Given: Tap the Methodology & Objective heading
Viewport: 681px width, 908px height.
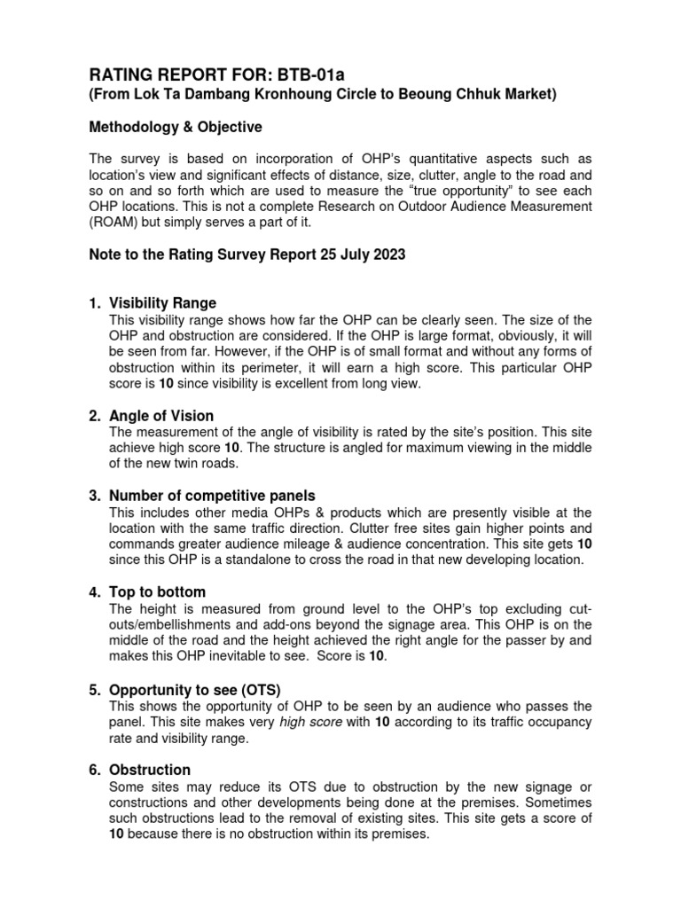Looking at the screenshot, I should point(176,128).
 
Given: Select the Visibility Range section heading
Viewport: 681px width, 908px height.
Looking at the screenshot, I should point(162,302).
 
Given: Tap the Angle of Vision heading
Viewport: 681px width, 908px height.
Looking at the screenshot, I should point(161,416).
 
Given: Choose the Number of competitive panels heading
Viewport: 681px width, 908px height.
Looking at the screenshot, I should point(212,496).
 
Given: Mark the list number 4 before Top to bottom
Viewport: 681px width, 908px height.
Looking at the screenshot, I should point(94,591).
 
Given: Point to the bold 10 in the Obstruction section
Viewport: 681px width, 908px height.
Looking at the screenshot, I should point(117,834).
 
